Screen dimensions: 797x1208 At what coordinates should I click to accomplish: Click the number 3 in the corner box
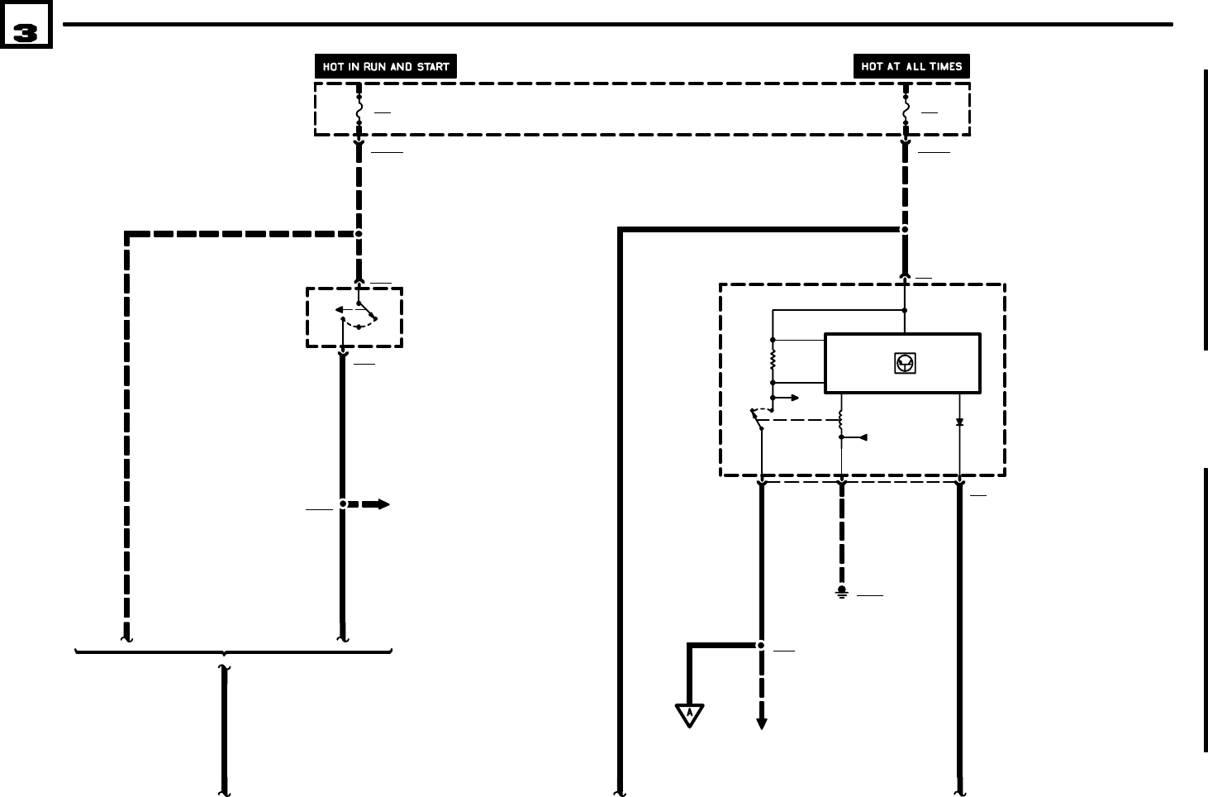pos(26,32)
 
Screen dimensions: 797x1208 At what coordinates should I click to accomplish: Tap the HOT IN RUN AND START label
pos(386,67)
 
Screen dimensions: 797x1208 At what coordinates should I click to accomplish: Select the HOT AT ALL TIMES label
pos(911,67)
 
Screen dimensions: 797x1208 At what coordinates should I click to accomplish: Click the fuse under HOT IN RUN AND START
pos(359,110)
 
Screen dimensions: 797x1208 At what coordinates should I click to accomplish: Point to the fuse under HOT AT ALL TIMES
pos(906,110)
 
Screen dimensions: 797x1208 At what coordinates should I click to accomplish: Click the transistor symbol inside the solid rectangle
pos(905,363)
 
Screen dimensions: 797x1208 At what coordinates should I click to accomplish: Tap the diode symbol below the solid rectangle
pos(959,422)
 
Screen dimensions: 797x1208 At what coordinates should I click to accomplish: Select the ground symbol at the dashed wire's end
pos(842,592)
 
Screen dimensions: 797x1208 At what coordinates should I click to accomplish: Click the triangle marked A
pos(689,713)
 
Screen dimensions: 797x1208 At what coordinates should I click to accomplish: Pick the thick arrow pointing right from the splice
pos(376,503)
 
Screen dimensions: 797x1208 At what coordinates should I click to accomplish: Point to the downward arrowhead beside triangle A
pos(762,723)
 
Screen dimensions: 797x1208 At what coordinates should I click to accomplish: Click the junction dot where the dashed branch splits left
pos(359,234)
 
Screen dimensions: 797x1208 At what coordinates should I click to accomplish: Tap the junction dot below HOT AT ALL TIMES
pos(906,229)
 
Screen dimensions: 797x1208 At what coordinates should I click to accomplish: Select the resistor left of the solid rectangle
pos(773,361)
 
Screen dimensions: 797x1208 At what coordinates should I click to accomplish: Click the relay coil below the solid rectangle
pos(841,420)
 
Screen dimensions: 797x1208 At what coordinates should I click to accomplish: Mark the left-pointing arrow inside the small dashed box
pos(340,311)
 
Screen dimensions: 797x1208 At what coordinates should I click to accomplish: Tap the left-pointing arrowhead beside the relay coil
pos(863,437)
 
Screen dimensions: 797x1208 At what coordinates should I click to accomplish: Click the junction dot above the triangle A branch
pos(761,645)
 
